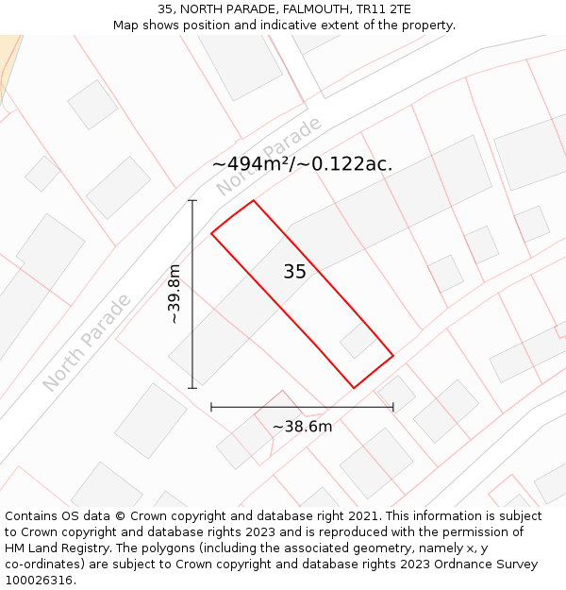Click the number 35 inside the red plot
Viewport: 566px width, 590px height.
pyautogui.click(x=294, y=272)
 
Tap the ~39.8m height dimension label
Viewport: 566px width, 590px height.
pyautogui.click(x=174, y=295)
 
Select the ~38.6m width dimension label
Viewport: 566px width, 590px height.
pyautogui.click(x=302, y=427)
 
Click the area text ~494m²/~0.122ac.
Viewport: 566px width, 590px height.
pyautogui.click(x=302, y=164)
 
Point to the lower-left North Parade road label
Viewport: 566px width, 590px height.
pyautogui.click(x=86, y=344)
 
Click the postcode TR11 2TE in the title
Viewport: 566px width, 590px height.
pyautogui.click(x=378, y=8)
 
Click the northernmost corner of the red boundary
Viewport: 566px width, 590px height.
pyautogui.click(x=253, y=200)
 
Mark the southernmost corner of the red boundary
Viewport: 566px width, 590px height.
pyautogui.click(x=354, y=388)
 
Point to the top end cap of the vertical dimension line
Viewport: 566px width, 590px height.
pyautogui.click(x=192, y=200)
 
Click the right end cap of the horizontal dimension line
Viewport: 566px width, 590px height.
pyautogui.click(x=393, y=407)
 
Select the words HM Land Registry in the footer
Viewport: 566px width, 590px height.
pyautogui.click(x=53, y=548)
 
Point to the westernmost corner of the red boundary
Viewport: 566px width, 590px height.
pyautogui.click(x=211, y=233)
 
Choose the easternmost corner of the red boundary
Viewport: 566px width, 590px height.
pyautogui.click(x=393, y=356)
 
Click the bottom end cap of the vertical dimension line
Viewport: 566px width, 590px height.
pyautogui.click(x=192, y=388)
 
